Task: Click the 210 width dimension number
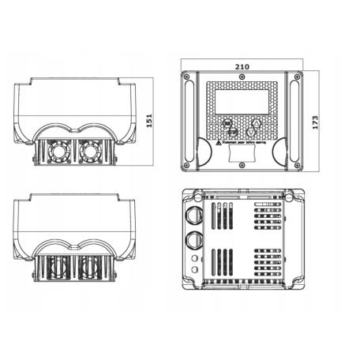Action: click(x=240, y=68)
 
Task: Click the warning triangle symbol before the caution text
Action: click(x=218, y=145)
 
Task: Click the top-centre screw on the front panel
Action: click(x=240, y=77)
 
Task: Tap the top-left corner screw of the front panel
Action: click(x=186, y=77)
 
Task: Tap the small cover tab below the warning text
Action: click(x=240, y=156)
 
